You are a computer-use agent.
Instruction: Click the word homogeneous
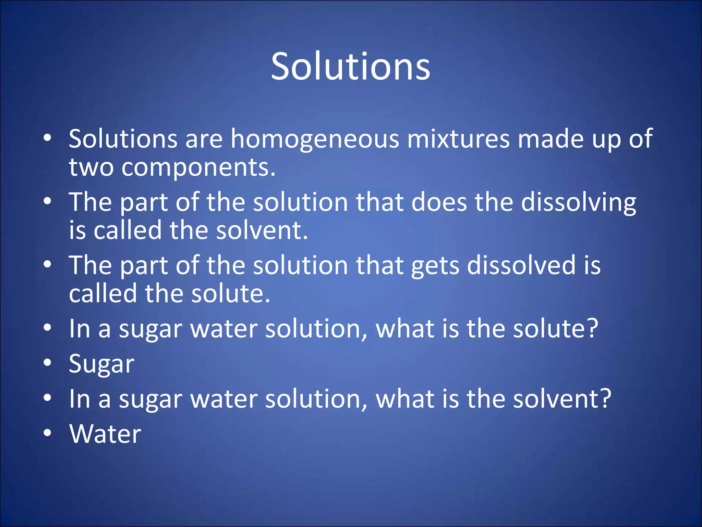click(x=315, y=139)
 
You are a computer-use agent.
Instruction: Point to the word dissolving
click(x=579, y=202)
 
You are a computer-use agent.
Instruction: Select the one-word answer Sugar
click(x=101, y=364)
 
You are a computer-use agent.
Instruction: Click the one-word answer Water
click(x=105, y=434)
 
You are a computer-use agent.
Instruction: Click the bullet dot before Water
click(x=47, y=433)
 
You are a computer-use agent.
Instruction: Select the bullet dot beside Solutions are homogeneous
click(x=47, y=138)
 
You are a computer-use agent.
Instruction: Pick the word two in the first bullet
click(x=91, y=168)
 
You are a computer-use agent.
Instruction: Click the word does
click(x=439, y=202)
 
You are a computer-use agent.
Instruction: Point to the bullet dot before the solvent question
click(x=47, y=398)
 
